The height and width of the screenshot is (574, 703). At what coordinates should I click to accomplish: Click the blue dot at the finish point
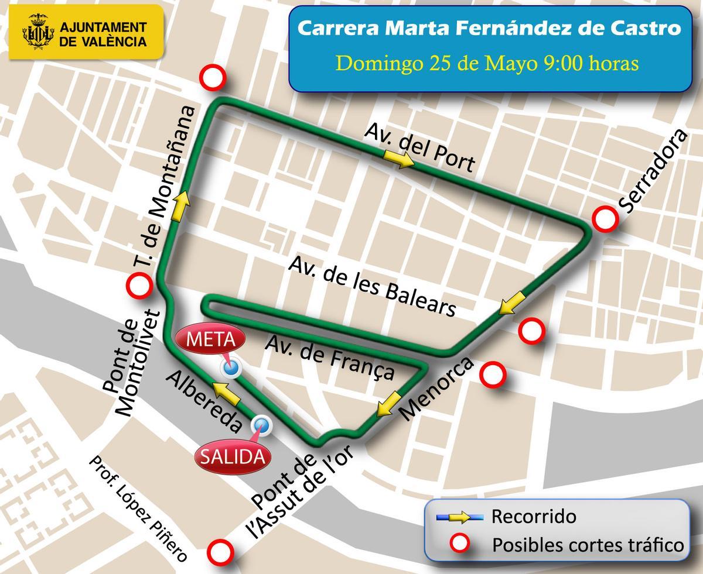pos(230,368)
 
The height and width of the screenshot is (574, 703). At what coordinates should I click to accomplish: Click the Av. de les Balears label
pos(371,287)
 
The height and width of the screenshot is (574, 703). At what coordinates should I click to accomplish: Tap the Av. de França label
pos(329,356)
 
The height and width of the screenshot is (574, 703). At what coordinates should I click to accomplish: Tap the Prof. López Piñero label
pos(138,508)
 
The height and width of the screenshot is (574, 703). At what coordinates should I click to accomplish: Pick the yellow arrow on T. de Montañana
pos(182,205)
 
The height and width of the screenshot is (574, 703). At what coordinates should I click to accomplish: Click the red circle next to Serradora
pos(605,219)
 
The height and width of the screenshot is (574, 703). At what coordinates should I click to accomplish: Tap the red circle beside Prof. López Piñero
pos(221,551)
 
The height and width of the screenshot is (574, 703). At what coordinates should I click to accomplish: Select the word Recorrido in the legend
pos(534,517)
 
